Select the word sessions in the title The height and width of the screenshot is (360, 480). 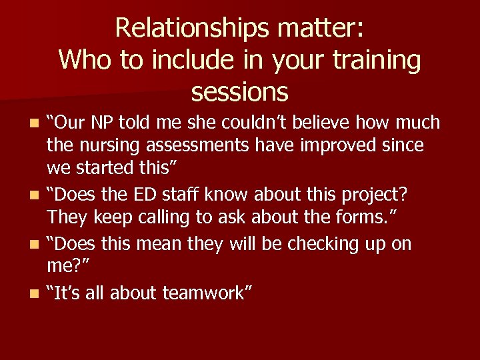click(x=239, y=91)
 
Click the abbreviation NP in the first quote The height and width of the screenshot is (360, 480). click(x=99, y=123)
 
